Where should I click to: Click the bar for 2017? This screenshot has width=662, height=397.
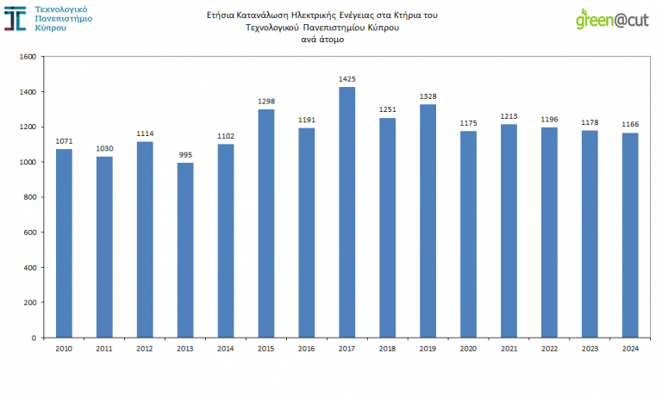347,212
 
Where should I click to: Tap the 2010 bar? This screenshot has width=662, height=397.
64,243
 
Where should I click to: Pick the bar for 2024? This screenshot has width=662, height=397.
629,235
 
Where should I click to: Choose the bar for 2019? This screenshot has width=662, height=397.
428,220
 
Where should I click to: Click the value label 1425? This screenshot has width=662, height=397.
347,79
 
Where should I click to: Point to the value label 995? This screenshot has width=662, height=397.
185,155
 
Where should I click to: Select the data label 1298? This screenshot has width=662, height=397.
266,102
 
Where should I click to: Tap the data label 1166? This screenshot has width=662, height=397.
629,125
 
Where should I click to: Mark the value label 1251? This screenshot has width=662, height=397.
387,110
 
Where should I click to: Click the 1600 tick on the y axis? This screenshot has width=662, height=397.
27,57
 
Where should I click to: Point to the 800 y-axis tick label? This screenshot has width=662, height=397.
29,197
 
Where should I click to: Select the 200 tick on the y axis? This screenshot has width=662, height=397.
29,302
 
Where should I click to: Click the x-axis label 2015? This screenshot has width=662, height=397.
266,348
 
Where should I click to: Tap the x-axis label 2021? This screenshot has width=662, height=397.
509,348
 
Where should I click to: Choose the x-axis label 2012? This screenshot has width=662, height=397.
145,348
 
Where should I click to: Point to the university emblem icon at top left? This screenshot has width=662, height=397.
15,17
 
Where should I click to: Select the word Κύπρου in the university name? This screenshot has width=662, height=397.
51,28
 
